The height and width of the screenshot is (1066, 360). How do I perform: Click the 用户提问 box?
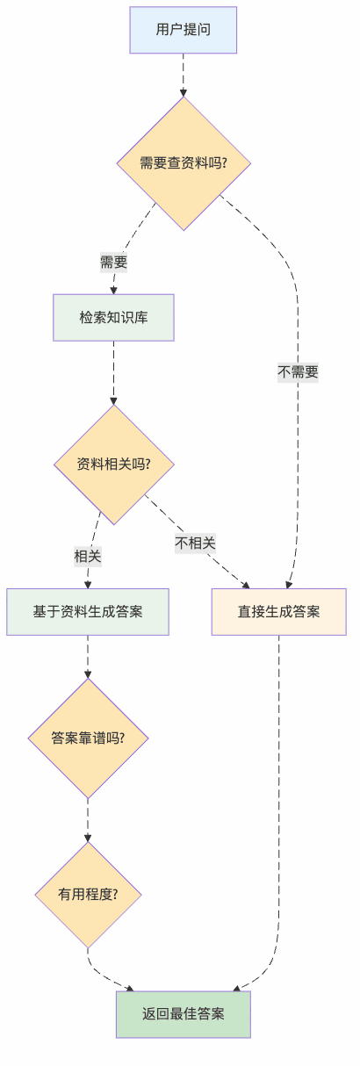coord(183,30)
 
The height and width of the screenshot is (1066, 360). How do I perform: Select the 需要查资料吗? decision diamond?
coord(184,163)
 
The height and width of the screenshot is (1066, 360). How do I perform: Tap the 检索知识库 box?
coord(113,317)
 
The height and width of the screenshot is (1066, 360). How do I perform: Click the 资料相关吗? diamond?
coord(113,464)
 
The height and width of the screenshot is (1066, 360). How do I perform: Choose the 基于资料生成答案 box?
coord(88,611)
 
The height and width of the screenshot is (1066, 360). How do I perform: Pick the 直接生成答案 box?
coord(278,611)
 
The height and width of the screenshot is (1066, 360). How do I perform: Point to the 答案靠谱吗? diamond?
coord(88,738)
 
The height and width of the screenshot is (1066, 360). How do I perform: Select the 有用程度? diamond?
coord(88,895)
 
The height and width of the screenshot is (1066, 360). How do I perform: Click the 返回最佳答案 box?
coord(184,1014)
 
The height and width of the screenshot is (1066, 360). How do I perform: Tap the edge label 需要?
coord(113,262)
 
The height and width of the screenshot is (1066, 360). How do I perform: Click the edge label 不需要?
coord(298,372)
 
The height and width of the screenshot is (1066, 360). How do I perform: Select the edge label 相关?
coord(88,556)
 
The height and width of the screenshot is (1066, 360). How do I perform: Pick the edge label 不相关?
coord(195,543)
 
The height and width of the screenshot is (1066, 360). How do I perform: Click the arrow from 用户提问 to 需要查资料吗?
coord(184,75)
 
